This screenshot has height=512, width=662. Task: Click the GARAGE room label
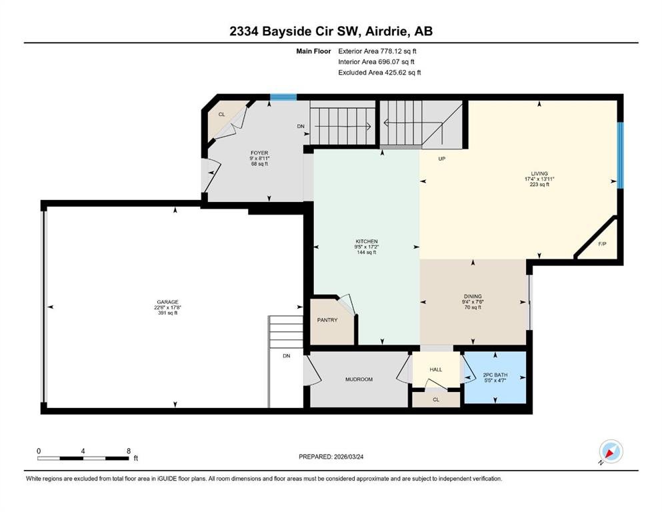(167, 302)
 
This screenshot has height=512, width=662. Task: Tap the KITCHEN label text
(367, 241)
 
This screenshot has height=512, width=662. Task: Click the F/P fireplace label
(603, 244)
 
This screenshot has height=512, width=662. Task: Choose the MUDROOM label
(359, 379)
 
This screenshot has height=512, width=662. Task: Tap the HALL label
(436, 369)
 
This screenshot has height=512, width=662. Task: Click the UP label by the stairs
(442, 159)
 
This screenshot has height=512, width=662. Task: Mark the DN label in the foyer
(301, 126)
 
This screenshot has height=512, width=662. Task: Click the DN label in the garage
(287, 356)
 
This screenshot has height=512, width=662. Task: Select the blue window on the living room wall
(620, 155)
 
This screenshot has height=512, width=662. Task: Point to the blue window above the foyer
(283, 97)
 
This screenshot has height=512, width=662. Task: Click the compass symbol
(611, 451)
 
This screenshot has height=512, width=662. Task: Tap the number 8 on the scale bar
(129, 451)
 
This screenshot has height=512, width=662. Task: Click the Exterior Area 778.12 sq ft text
(377, 51)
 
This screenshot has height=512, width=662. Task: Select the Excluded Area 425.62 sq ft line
(379, 72)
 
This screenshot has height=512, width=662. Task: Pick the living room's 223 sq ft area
(539, 185)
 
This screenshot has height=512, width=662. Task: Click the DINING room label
(473, 296)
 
